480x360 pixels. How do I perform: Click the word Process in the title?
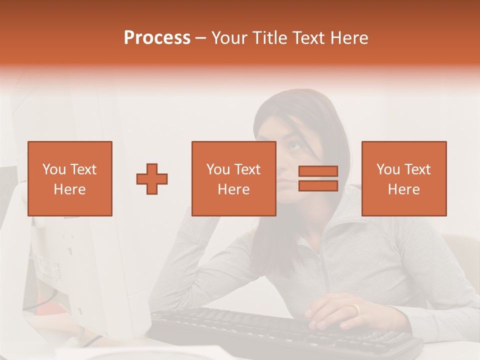tap(157, 38)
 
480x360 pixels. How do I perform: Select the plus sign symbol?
tap(152, 178)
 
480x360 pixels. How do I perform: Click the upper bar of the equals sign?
tap(318, 171)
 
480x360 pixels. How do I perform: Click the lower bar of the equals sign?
tap(318, 185)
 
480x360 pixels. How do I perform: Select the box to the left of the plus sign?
tap(70, 178)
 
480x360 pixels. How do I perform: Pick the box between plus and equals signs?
tap(233, 178)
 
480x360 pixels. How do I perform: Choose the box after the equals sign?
tap(403, 178)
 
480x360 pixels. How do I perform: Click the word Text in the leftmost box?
tap(83, 169)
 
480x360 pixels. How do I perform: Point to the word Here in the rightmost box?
tap(403, 189)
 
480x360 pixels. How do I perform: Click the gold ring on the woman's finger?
tap(356, 309)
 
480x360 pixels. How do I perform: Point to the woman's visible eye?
tap(294, 146)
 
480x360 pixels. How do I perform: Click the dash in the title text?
tap(201, 38)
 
